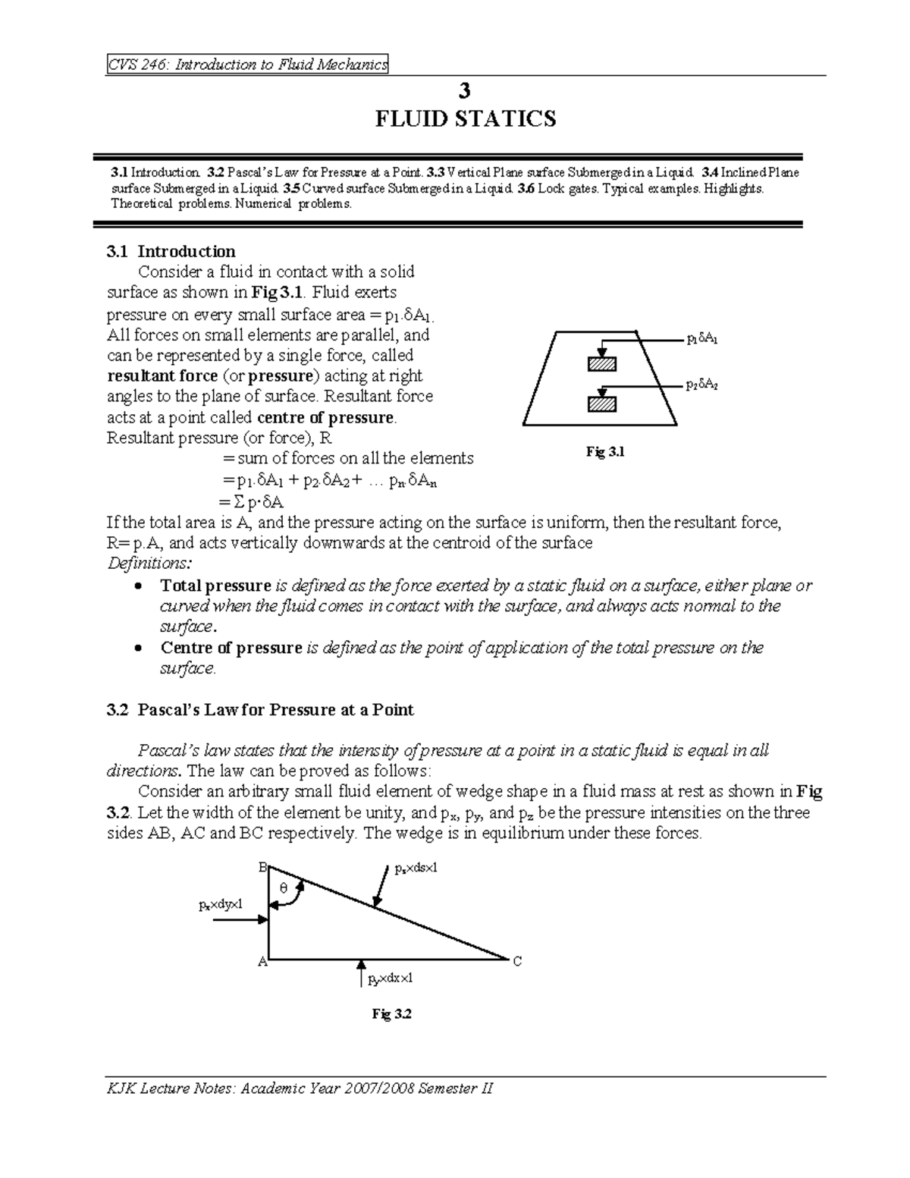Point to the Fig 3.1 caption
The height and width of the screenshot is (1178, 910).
click(x=604, y=452)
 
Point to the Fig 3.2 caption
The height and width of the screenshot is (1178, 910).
click(x=391, y=1014)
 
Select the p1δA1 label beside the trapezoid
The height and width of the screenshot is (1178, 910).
click(x=701, y=340)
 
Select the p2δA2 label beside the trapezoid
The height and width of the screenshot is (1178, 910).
click(x=701, y=385)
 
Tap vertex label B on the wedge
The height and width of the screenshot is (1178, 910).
click(x=262, y=868)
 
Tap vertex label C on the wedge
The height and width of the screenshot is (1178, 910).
click(x=517, y=962)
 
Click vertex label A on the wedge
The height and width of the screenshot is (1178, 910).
click(x=262, y=962)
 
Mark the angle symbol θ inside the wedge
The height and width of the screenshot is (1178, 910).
click(x=284, y=888)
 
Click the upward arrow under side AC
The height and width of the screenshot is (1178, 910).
click(x=361, y=974)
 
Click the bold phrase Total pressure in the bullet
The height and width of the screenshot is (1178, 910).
click(x=215, y=586)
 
